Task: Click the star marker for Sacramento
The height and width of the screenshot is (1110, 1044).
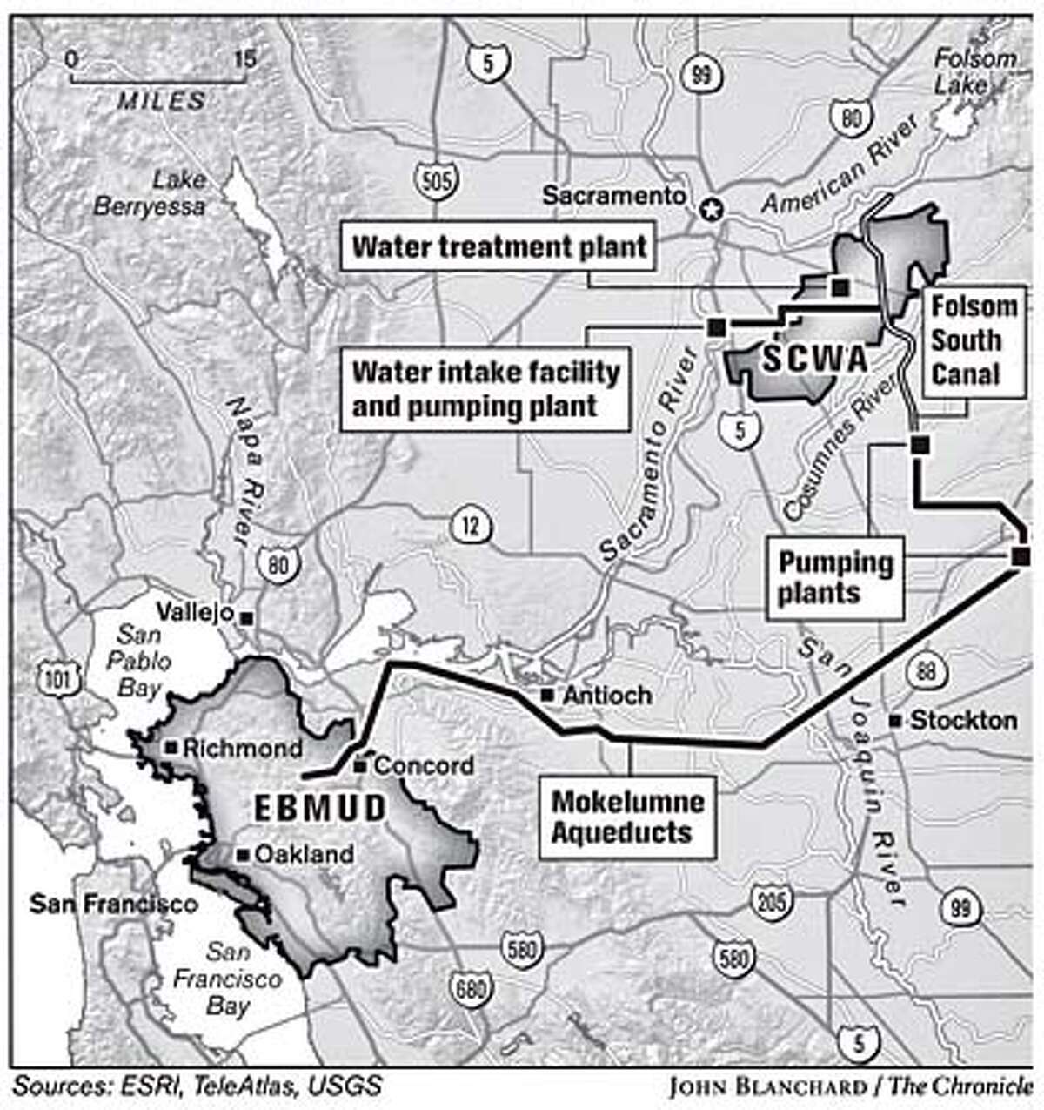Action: [x=713, y=210]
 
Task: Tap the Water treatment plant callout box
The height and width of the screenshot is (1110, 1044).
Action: [x=499, y=247]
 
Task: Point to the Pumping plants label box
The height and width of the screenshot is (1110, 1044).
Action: [x=834, y=578]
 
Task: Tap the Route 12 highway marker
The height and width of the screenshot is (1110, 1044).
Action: [x=470, y=526]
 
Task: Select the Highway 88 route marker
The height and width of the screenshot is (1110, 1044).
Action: [x=921, y=670]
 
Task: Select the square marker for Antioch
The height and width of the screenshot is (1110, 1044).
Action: [x=546, y=695]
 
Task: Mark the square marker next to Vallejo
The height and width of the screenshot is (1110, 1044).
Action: [x=247, y=617]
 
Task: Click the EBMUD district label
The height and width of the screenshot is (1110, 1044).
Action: [x=319, y=808]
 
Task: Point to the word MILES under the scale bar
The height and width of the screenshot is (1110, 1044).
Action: [x=162, y=101]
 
